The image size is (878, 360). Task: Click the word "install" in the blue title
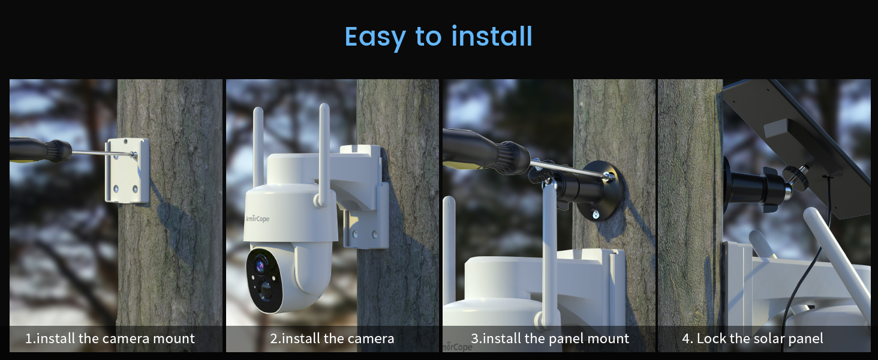[x=492, y=36]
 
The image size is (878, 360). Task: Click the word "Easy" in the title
[x=375, y=37]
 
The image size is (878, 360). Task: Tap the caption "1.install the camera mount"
[x=110, y=338]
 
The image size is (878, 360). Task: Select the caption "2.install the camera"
[x=332, y=338]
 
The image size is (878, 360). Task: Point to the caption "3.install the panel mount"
[x=550, y=338]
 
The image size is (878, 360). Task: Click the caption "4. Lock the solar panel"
[x=752, y=338]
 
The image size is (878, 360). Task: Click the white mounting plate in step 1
[x=127, y=170]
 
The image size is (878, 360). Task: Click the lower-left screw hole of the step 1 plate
[x=116, y=188]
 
